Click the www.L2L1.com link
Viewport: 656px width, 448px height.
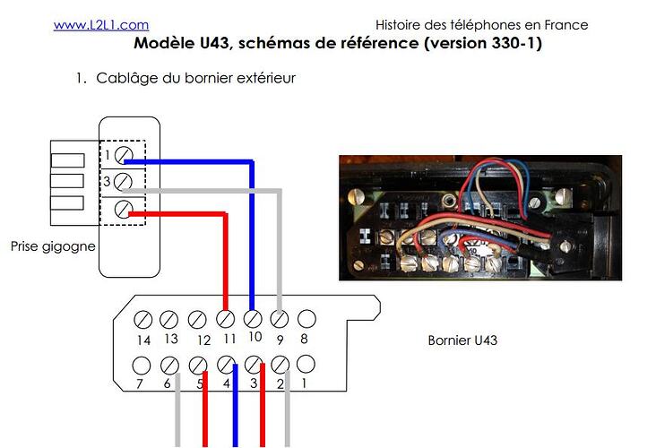(101, 25)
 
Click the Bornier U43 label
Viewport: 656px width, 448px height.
(463, 340)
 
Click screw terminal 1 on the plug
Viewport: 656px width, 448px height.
(125, 155)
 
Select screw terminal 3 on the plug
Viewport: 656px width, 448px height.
(125, 182)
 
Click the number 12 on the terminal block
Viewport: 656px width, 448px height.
(203, 340)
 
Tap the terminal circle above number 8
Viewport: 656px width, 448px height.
(306, 318)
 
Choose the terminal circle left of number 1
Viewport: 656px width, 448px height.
(280, 365)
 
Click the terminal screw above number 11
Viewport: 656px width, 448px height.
(226, 319)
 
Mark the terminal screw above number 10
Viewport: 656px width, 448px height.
(253, 319)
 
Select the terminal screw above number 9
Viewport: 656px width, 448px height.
(280, 319)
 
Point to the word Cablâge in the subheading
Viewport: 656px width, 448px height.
(126, 78)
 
